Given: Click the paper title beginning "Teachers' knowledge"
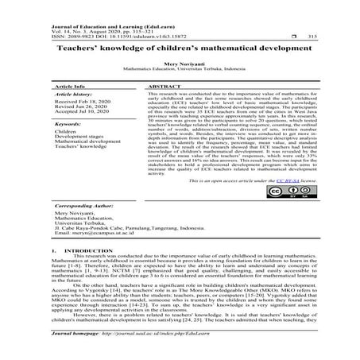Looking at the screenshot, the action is pyautogui.click(x=180, y=47).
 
